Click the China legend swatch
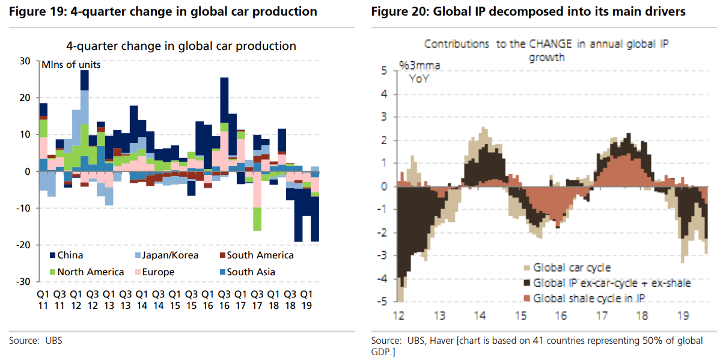click(x=52, y=255)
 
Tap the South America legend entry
click(x=260, y=255)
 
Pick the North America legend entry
click(x=90, y=272)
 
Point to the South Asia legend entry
click(x=251, y=272)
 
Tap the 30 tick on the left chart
click(x=25, y=61)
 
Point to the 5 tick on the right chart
click(x=384, y=71)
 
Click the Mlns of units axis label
click(x=71, y=66)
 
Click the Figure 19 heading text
click(x=163, y=11)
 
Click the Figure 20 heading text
click(x=528, y=11)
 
